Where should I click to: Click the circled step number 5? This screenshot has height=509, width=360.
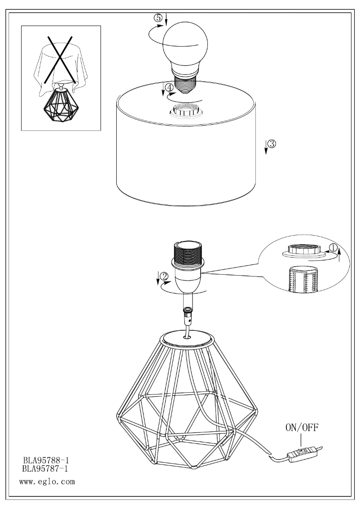point(158,18)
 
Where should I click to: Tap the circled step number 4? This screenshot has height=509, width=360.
point(169,88)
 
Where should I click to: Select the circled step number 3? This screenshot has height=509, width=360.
point(272,144)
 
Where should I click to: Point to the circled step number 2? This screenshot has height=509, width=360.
point(165,276)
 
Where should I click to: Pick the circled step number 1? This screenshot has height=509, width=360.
point(333,248)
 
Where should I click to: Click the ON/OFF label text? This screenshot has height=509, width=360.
point(302,427)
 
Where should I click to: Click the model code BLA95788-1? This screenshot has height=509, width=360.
point(46,461)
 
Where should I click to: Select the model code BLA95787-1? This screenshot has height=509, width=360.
point(45,469)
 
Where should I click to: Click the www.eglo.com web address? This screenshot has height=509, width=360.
point(47,482)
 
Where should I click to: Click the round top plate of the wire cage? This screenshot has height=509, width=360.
point(188,338)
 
